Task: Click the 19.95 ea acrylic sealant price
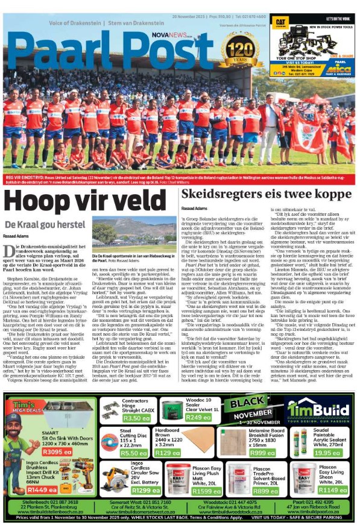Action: pyautogui.click(x=327, y=436)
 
